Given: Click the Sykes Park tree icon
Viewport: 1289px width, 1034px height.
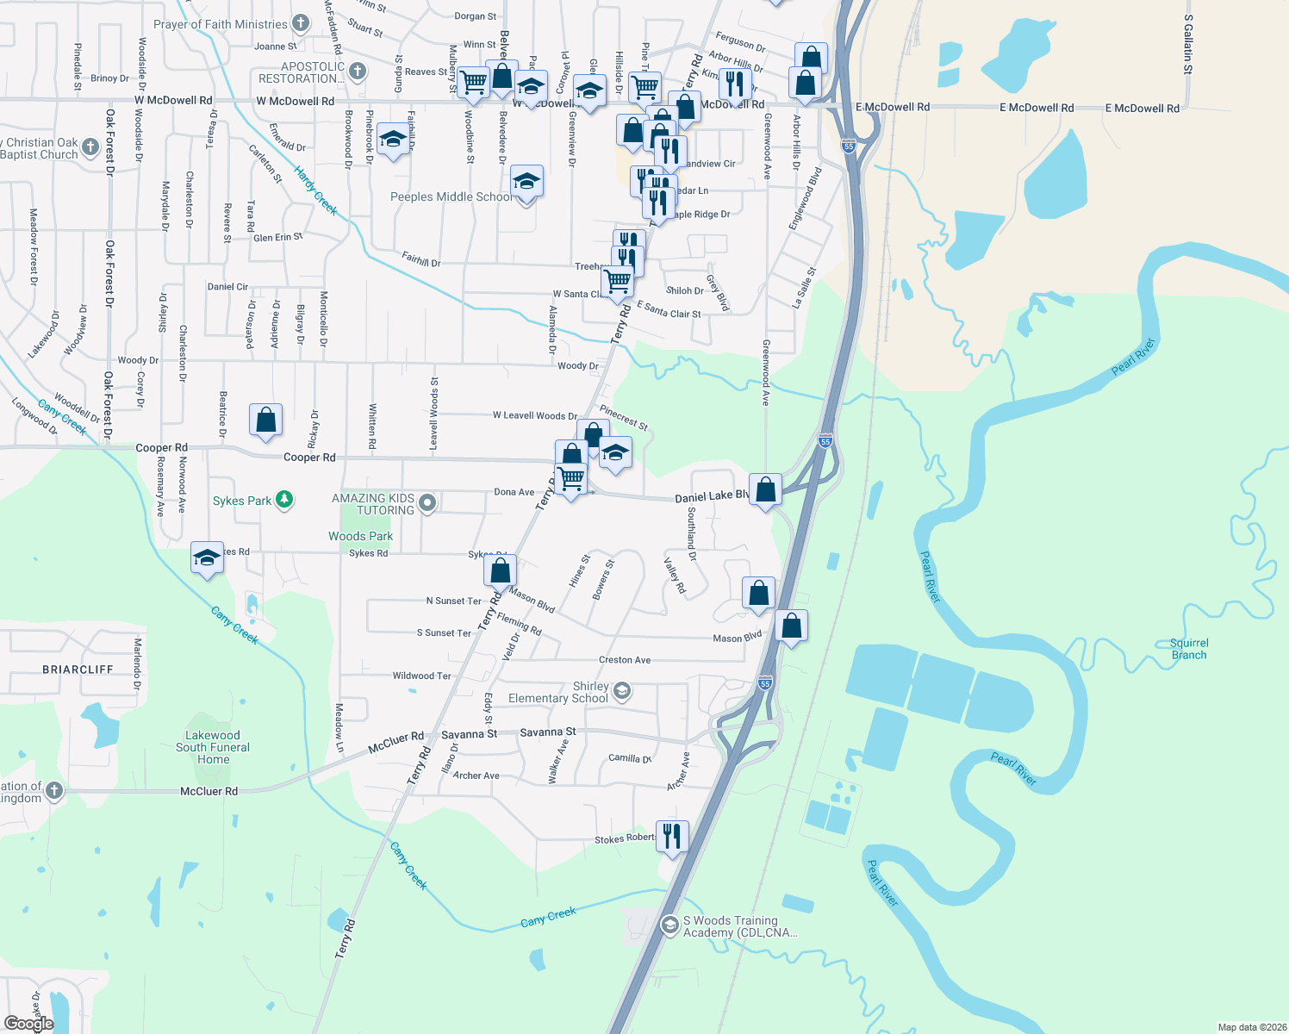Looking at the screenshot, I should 283,500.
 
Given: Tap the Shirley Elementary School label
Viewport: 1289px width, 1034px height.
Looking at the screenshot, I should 557,692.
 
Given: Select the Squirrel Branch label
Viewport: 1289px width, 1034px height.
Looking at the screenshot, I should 1189,649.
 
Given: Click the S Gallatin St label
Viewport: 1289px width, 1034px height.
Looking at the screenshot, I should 1188,44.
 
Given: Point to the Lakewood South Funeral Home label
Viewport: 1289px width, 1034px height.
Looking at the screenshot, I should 213,747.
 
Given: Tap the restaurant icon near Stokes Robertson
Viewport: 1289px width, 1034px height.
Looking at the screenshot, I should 672,836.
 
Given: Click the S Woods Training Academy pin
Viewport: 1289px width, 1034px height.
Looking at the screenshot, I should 669,925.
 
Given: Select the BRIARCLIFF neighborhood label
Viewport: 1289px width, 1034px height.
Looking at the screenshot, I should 78,670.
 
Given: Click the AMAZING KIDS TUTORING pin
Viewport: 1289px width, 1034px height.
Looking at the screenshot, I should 428,502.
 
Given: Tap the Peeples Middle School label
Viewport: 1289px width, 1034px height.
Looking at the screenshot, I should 451,197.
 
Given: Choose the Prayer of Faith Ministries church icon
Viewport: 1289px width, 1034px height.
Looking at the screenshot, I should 301,23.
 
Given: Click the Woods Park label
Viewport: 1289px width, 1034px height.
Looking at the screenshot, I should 360,536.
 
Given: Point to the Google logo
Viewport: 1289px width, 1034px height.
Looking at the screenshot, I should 28,1024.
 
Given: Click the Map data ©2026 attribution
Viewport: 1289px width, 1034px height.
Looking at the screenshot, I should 1250,1027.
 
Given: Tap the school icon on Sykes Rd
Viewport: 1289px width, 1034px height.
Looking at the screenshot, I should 207,558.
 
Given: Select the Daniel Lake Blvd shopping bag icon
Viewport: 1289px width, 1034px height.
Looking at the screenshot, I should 765,489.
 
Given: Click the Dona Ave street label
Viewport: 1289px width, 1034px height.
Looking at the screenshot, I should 514,492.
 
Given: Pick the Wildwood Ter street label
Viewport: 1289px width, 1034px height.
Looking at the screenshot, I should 421,676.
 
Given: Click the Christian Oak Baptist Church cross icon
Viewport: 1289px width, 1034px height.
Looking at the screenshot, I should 90,147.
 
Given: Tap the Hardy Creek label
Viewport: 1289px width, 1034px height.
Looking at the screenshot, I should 315,190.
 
